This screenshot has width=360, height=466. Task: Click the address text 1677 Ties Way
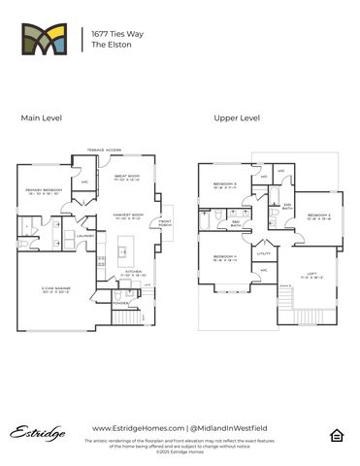click(114, 32)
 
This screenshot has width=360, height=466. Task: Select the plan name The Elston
click(108, 45)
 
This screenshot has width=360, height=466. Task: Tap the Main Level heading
click(42, 117)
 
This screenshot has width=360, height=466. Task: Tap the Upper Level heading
click(237, 117)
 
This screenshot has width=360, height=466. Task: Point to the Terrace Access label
click(104, 150)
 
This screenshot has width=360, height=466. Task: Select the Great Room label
click(128, 177)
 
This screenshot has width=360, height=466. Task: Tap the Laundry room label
click(84, 235)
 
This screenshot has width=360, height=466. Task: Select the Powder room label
click(120, 302)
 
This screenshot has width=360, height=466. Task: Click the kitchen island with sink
click(123, 255)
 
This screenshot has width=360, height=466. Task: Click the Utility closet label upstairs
click(263, 252)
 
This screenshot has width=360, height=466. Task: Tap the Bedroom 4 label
click(225, 257)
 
